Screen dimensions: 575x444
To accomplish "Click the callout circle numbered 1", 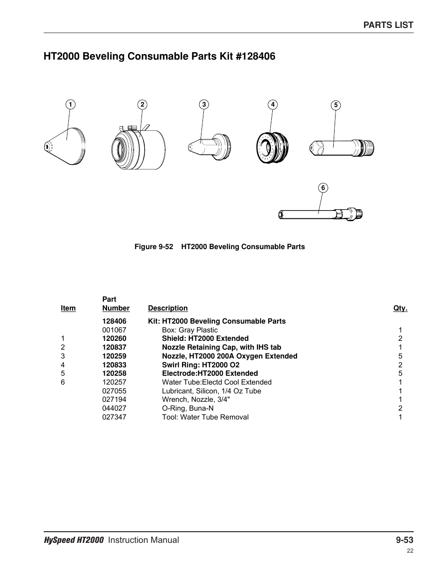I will tap(70, 104).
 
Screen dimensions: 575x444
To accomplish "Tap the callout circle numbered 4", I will tap(273, 104).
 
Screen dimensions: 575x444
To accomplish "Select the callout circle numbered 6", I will tap(323, 188).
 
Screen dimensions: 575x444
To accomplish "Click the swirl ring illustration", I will tap(272, 148).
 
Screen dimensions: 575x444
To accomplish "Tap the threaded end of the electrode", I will tap(368, 148).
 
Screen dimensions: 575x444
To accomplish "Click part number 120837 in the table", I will tap(114, 347).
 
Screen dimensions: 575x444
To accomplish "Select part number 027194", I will tap(114, 399).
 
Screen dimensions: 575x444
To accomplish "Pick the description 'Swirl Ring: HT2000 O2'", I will tap(201, 365).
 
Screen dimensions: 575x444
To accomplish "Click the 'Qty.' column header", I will tap(400, 308).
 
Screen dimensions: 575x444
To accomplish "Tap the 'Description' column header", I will tap(168, 308).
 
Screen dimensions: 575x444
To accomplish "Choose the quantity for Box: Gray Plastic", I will tap(400, 330).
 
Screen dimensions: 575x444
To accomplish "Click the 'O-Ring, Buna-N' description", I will tap(188, 408).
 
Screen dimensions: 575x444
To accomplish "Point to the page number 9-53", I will tap(404, 540).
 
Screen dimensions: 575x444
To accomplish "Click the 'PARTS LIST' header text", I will tap(388, 25).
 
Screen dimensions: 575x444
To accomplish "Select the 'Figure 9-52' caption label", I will tap(153, 247).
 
